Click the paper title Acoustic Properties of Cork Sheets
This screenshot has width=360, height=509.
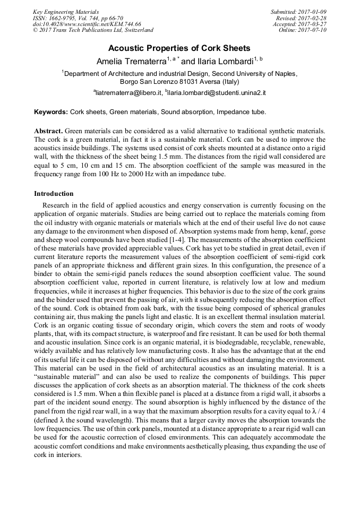(179, 48)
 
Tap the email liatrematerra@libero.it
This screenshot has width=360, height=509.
(128, 92)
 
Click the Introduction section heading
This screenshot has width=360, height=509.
(54, 194)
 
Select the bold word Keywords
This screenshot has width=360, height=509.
(50, 112)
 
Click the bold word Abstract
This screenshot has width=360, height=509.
(49, 131)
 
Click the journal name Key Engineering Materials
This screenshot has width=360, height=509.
(66, 12)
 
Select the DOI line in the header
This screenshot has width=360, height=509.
(87, 24)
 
